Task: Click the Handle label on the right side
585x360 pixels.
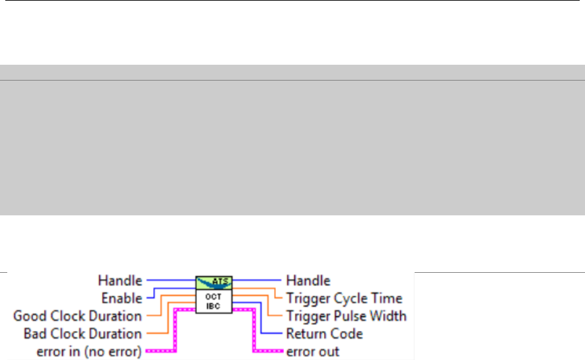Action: pyautogui.click(x=308, y=281)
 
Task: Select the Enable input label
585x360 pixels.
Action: pyautogui.click(x=121, y=299)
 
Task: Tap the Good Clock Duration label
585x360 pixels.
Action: pyautogui.click(x=78, y=316)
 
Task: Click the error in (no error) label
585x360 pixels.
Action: pyautogui.click(x=78, y=351)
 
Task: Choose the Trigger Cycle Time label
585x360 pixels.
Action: pyautogui.click(x=343, y=299)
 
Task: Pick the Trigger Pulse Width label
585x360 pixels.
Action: pyautogui.click(x=346, y=316)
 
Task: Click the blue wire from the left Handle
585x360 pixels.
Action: pyautogui.click(x=170, y=281)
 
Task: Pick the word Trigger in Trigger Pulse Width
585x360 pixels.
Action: pyautogui.click(x=306, y=316)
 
